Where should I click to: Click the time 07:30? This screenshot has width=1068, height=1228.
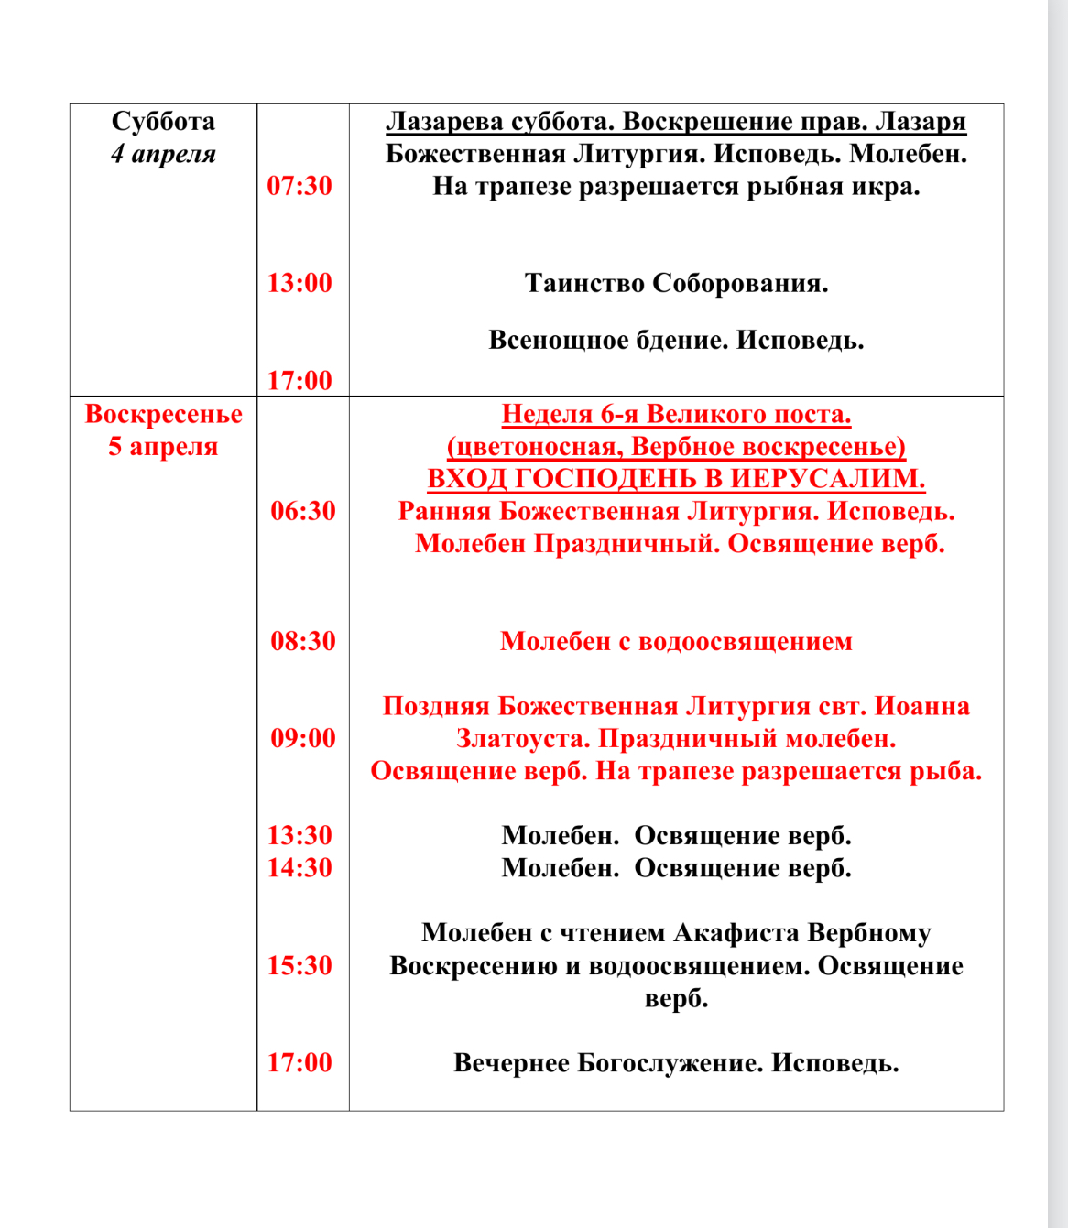point(300,186)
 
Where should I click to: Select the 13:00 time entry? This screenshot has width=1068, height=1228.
point(300,283)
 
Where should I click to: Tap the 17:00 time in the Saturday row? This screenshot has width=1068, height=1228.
point(300,380)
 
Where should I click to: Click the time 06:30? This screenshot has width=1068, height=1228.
point(303,511)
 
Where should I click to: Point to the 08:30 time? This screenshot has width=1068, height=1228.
point(303,641)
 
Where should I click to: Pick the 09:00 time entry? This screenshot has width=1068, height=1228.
point(303,738)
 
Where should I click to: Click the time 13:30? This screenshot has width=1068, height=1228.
point(300,835)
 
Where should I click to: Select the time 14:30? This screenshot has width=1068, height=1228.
point(300,867)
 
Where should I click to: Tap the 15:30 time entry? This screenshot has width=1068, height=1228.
point(300,965)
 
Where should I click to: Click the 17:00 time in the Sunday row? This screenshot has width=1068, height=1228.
point(300,1062)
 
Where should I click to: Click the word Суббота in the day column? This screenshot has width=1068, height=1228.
point(163,122)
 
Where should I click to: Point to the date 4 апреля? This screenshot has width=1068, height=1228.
point(163,154)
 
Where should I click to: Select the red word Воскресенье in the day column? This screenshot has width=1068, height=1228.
point(163,414)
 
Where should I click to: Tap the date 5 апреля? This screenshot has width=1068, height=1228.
point(163,447)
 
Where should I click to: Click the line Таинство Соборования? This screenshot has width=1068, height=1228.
point(676,284)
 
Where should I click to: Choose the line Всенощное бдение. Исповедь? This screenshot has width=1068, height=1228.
point(676,341)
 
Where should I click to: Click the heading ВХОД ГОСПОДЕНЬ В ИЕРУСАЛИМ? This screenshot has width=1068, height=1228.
point(676,479)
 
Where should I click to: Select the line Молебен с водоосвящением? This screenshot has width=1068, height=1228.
point(676,641)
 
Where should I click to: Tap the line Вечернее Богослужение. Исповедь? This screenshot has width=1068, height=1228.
point(676,1063)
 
